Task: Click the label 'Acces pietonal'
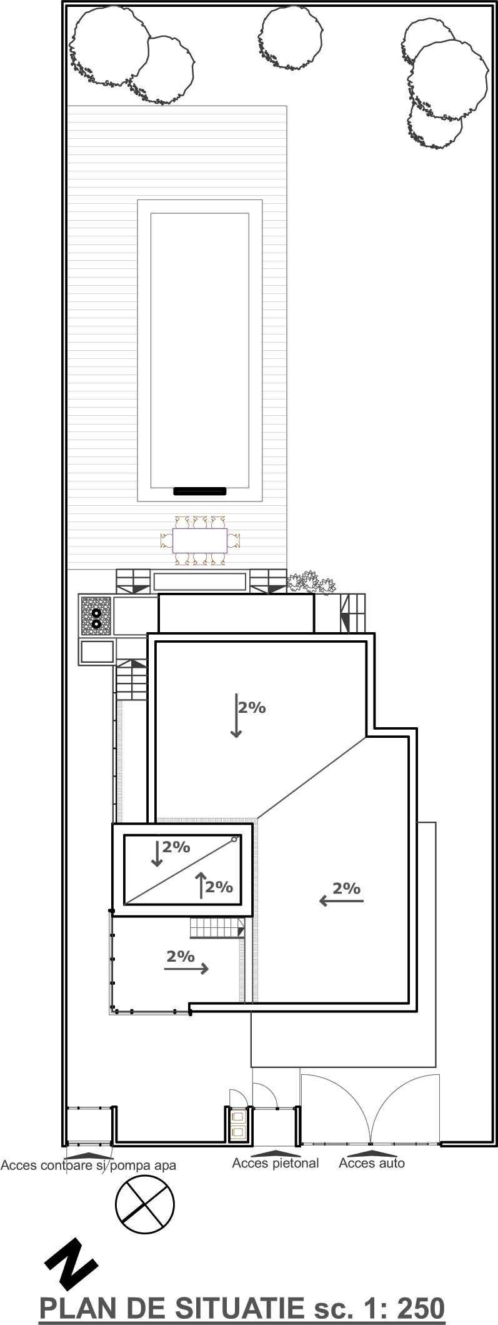[x=276, y=1163]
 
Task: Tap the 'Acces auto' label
[x=372, y=1163]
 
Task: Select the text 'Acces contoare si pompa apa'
[x=89, y=1165]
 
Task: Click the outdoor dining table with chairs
[x=200, y=540]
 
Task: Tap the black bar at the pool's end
[x=199, y=491]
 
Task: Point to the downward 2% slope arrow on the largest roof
[x=236, y=715]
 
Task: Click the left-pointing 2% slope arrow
[x=341, y=900]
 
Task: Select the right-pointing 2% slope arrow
[x=186, y=969]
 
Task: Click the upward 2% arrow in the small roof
[x=201, y=885]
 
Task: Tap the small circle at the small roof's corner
[x=234, y=839]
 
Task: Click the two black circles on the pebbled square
[x=96, y=618]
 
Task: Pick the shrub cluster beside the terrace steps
[x=311, y=582]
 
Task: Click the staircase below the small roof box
[x=217, y=928]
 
